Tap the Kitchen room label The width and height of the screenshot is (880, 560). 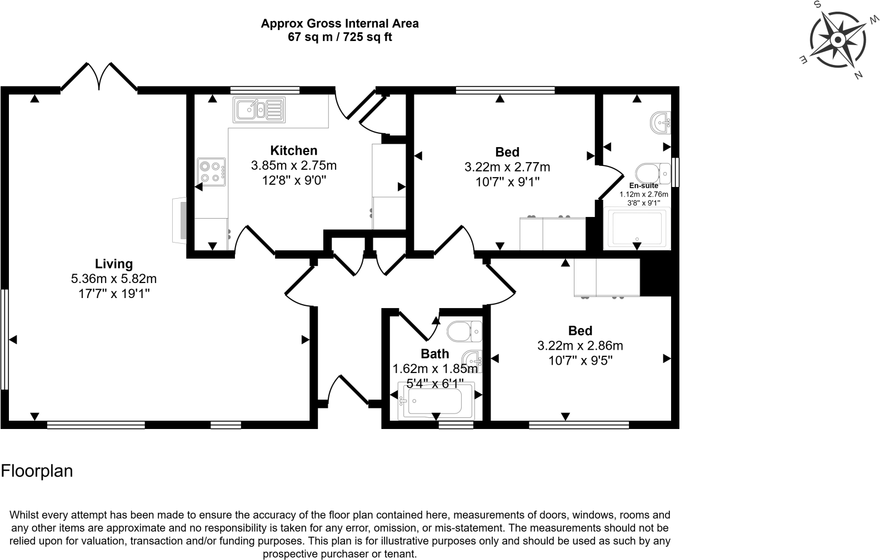[293, 150]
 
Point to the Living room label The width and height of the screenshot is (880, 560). [114, 264]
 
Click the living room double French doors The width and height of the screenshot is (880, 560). [99, 77]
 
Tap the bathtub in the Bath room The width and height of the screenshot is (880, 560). [436, 401]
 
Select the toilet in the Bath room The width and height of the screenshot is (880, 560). [464, 332]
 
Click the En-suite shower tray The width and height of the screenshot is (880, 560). [637, 228]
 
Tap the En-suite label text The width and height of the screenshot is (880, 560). [643, 186]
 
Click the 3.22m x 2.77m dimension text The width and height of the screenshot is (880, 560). [507, 167]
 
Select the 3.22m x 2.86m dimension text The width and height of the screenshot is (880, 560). [580, 346]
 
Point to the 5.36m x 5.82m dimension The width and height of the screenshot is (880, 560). [114, 279]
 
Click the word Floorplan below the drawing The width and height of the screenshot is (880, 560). [37, 471]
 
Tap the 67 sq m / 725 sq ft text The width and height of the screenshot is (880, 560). [339, 37]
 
